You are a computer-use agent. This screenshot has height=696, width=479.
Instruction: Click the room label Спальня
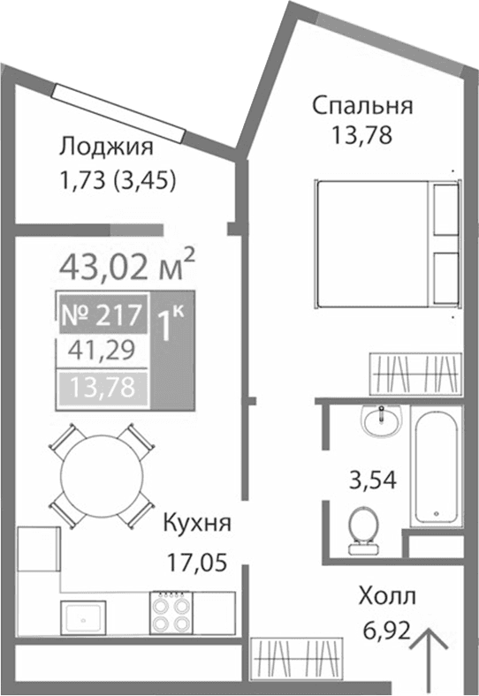click(361, 107)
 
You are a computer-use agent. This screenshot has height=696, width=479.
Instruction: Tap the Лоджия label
click(106, 146)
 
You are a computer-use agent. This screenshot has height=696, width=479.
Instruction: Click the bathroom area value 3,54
click(370, 481)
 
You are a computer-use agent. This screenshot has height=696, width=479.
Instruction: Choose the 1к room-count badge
click(171, 325)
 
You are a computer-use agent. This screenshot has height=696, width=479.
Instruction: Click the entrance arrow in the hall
click(431, 658)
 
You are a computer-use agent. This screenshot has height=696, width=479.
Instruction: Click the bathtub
click(436, 468)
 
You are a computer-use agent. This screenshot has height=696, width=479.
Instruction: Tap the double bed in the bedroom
click(385, 243)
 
